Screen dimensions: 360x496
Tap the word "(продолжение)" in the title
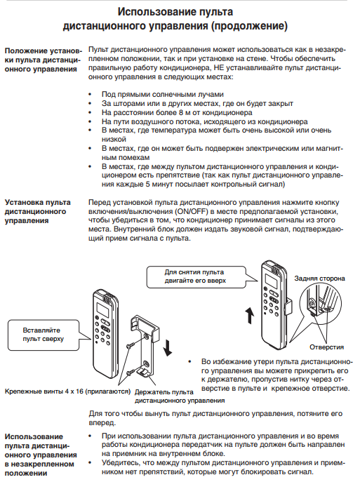249,26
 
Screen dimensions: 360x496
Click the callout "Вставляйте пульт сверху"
43,335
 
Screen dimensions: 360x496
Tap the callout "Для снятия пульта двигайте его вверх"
196,276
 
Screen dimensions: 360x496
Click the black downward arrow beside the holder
168,347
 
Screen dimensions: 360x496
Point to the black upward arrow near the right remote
250,316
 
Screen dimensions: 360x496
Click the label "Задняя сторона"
319,279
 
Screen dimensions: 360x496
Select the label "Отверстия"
326,347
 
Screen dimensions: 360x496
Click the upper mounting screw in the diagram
130,345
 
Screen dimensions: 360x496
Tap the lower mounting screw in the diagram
131,373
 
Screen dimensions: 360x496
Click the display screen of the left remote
103,309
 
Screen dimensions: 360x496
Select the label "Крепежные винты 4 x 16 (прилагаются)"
67,391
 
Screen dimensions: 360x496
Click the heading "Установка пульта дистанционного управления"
38,211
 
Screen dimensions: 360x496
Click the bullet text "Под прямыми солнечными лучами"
163,94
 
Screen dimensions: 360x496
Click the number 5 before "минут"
148,184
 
